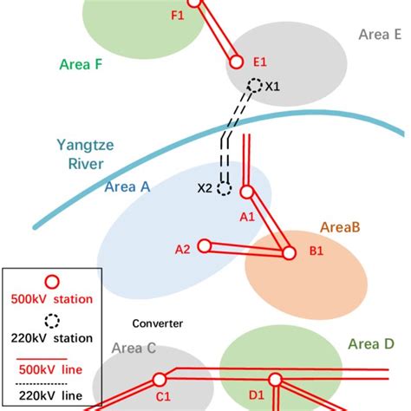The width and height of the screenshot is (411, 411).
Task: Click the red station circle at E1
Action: [235, 62]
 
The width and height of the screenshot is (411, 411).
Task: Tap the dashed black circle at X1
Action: [255, 85]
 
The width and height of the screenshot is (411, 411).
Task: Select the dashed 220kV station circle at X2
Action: [225, 187]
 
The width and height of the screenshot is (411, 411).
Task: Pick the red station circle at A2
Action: [205, 246]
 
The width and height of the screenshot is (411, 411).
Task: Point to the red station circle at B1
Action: [289, 253]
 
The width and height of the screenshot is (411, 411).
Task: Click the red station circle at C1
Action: [160, 380]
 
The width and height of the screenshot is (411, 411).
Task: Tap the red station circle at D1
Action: [276, 379]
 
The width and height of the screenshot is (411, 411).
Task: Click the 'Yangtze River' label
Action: [82, 154]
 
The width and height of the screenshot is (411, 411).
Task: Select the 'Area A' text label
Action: [127, 186]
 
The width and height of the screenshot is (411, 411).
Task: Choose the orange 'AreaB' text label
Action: [340, 226]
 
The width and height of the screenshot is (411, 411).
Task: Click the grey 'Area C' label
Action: [134, 349]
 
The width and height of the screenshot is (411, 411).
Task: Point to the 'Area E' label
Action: [380, 34]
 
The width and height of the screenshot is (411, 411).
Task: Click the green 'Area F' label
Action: [83, 63]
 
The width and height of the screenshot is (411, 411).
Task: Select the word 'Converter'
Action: [157, 323]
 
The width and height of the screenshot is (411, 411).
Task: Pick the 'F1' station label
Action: [179, 15]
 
